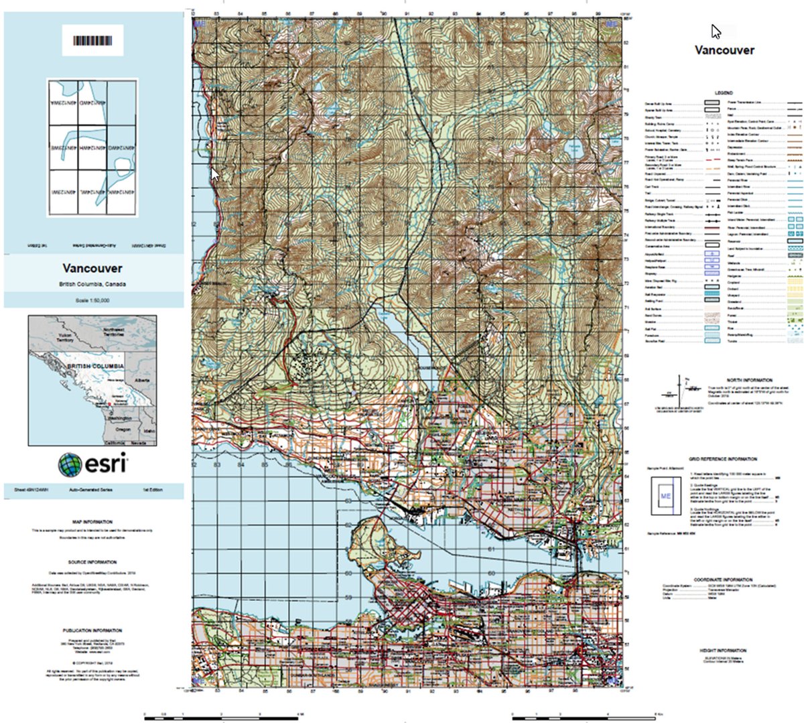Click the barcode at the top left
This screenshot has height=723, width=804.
pos(92,41)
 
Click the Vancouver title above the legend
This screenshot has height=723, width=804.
pos(724,50)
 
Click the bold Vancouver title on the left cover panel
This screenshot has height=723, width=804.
pos(92,268)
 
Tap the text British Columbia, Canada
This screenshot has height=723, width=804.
pos(92,284)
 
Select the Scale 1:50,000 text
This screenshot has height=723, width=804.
pos(92,300)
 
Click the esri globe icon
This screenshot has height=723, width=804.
pos(70,464)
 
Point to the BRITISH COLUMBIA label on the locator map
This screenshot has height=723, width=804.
pos(95,367)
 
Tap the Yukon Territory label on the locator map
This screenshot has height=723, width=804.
pos(65,338)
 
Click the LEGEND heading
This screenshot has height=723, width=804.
pos(724,92)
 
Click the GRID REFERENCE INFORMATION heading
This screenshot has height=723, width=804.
pos(724,459)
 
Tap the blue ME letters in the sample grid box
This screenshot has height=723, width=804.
pos(665,497)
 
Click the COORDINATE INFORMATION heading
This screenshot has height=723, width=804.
pos(724,580)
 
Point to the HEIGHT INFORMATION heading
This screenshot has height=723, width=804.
pos(724,650)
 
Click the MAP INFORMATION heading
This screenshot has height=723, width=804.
pos(92,521)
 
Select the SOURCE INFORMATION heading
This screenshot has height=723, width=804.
pos(92,562)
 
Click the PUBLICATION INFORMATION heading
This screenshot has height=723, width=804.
pos(92,631)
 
